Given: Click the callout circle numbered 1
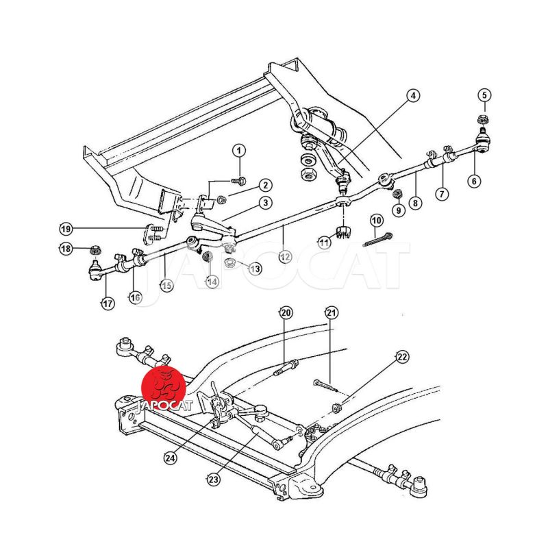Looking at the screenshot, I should [240, 151].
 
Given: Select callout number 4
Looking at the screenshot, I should [414, 97].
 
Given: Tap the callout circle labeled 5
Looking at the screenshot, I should [484, 95].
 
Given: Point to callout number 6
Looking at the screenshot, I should [475, 182].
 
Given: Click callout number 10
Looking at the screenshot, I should [376, 221].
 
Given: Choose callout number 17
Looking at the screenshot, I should [108, 303].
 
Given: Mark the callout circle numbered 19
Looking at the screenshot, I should [65, 228].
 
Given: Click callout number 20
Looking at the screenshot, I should [286, 313].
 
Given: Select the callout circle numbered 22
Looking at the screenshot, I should [402, 356].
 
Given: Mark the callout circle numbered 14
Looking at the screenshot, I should [212, 282].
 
